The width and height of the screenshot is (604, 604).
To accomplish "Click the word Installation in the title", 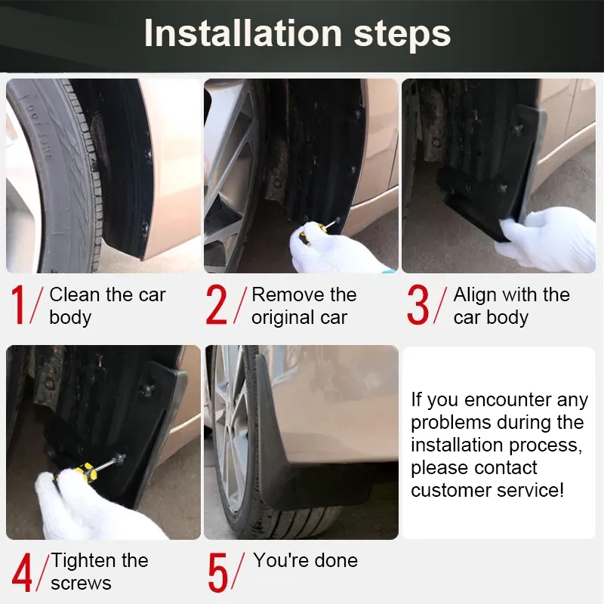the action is coord(243,33).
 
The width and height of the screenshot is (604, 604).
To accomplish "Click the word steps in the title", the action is coord(402,35).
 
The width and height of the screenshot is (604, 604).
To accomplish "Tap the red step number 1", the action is coord(18,305).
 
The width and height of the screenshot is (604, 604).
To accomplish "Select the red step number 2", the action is coord(216,305).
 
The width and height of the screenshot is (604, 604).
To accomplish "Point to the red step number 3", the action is coord(418,305).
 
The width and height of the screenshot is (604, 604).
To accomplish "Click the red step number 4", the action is coord(22,572).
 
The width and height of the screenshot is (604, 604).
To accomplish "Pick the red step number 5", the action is coord(218,572).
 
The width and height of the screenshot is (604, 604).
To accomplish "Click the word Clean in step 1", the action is coord(75,294).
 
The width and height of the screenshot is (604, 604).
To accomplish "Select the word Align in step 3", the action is coord(475,295).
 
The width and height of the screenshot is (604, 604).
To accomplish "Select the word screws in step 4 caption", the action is coord(81,584).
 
